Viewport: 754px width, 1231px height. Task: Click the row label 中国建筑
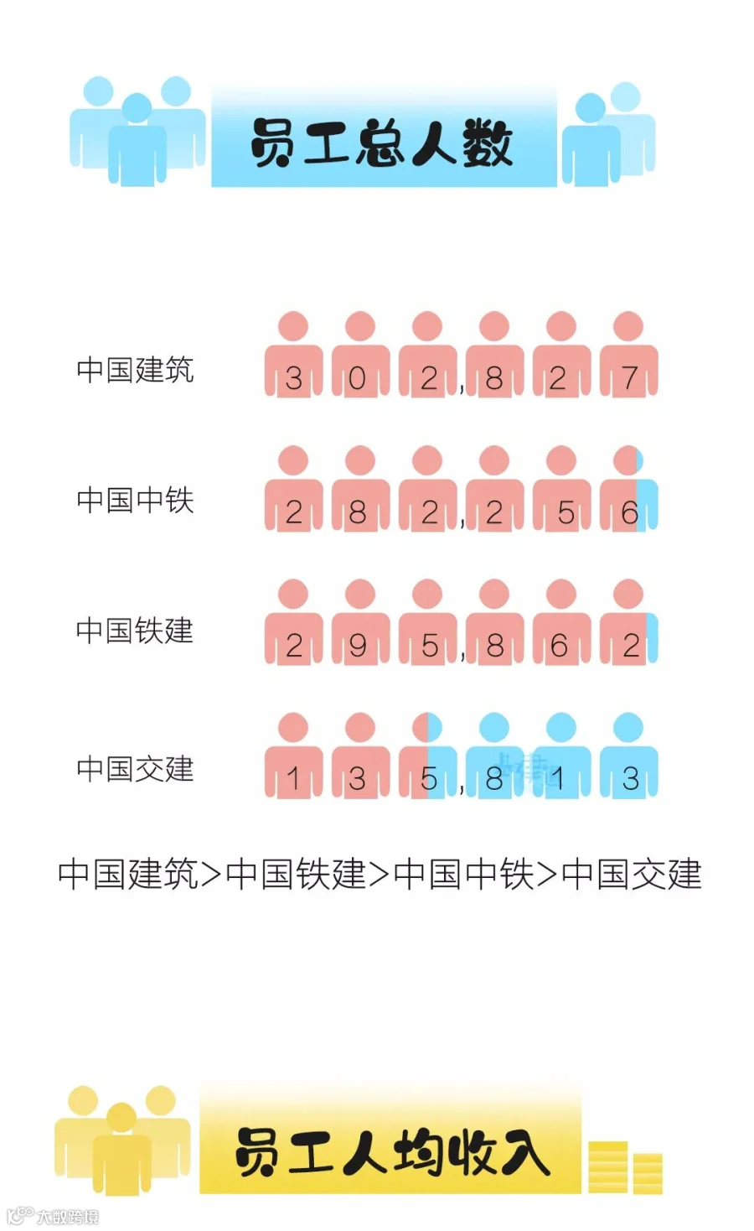[x=135, y=370]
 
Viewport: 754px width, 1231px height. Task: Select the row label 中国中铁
[x=135, y=501]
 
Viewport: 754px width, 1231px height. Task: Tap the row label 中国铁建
[x=135, y=631]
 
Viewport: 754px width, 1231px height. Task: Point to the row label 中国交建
[x=135, y=768]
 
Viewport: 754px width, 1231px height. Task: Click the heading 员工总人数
[x=382, y=143]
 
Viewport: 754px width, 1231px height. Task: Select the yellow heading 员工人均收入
[x=391, y=1151]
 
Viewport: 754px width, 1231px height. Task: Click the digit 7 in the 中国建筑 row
[x=630, y=379]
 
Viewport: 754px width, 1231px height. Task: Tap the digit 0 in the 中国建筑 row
[x=358, y=379]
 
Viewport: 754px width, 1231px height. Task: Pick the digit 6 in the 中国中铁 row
[x=630, y=512]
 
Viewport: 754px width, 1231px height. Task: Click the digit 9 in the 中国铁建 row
[x=358, y=646]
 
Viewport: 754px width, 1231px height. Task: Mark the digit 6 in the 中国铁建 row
[x=560, y=646]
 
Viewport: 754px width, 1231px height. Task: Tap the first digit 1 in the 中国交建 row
[x=293, y=779]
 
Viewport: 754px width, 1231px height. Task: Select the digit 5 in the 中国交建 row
[x=429, y=779]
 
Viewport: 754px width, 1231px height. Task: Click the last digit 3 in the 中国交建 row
[x=631, y=779]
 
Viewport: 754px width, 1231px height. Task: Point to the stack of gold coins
[x=625, y=1167]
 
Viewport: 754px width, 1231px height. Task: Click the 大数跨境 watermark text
[x=67, y=1216]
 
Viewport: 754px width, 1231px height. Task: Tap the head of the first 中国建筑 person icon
[x=293, y=326]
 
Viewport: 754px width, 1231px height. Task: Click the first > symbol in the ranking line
[x=211, y=875]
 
